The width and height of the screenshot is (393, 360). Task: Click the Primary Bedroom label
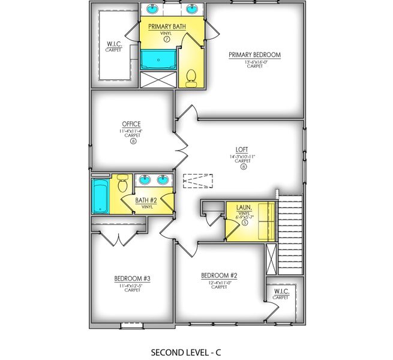[254, 55]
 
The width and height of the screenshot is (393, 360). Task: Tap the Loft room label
[242, 150]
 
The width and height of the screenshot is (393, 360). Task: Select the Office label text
[131, 124]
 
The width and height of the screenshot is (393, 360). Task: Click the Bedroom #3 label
[131, 278]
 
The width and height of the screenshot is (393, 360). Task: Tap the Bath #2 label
[145, 200]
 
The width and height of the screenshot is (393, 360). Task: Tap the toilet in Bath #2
[124, 182]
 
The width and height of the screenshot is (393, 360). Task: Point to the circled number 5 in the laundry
[245, 222]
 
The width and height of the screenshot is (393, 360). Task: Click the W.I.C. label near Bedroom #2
[281, 292]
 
